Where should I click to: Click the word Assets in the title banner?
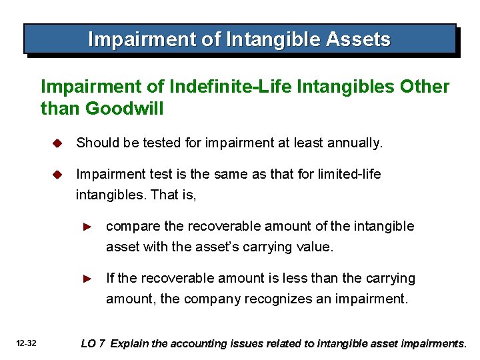358,39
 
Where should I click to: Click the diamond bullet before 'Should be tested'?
58,143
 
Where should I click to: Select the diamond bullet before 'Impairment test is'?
58,175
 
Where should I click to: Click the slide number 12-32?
27,343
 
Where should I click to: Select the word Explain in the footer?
129,344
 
